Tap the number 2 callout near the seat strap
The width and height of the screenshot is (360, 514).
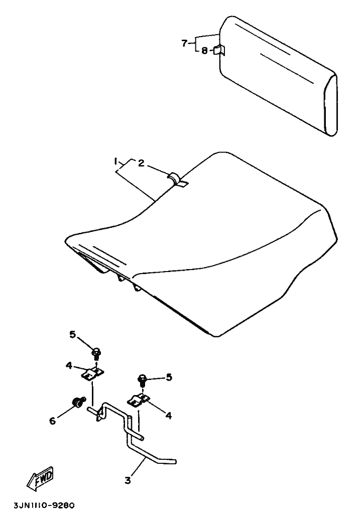point(141,163)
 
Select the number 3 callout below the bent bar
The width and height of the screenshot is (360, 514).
point(128,480)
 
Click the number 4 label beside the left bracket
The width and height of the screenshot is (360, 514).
point(68,366)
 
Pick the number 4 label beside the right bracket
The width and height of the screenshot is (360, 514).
point(169,415)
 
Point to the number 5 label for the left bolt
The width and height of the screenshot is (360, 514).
point(72,334)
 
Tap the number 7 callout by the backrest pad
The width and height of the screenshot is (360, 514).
point(184,43)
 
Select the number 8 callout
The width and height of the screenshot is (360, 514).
point(204,50)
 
